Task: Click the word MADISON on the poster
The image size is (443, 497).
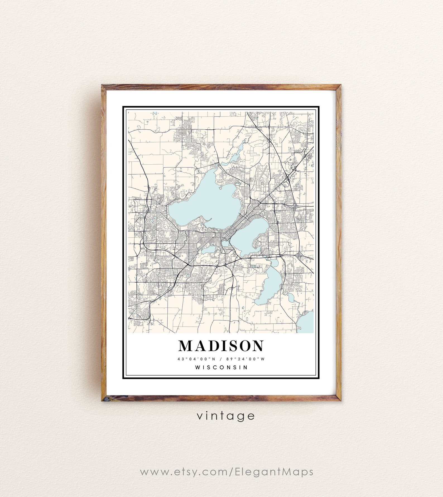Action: click(x=221, y=346)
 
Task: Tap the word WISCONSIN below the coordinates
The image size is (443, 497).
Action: click(x=222, y=367)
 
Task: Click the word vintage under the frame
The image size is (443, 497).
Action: click(x=226, y=416)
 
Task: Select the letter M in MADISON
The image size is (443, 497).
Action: click(x=185, y=346)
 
